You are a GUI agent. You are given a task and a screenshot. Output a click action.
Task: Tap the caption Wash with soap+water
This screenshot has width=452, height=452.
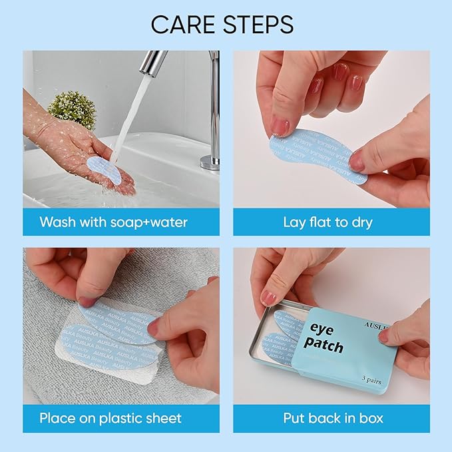tap(113, 222)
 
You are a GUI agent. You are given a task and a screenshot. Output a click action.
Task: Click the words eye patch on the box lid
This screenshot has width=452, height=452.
tap(326, 337)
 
